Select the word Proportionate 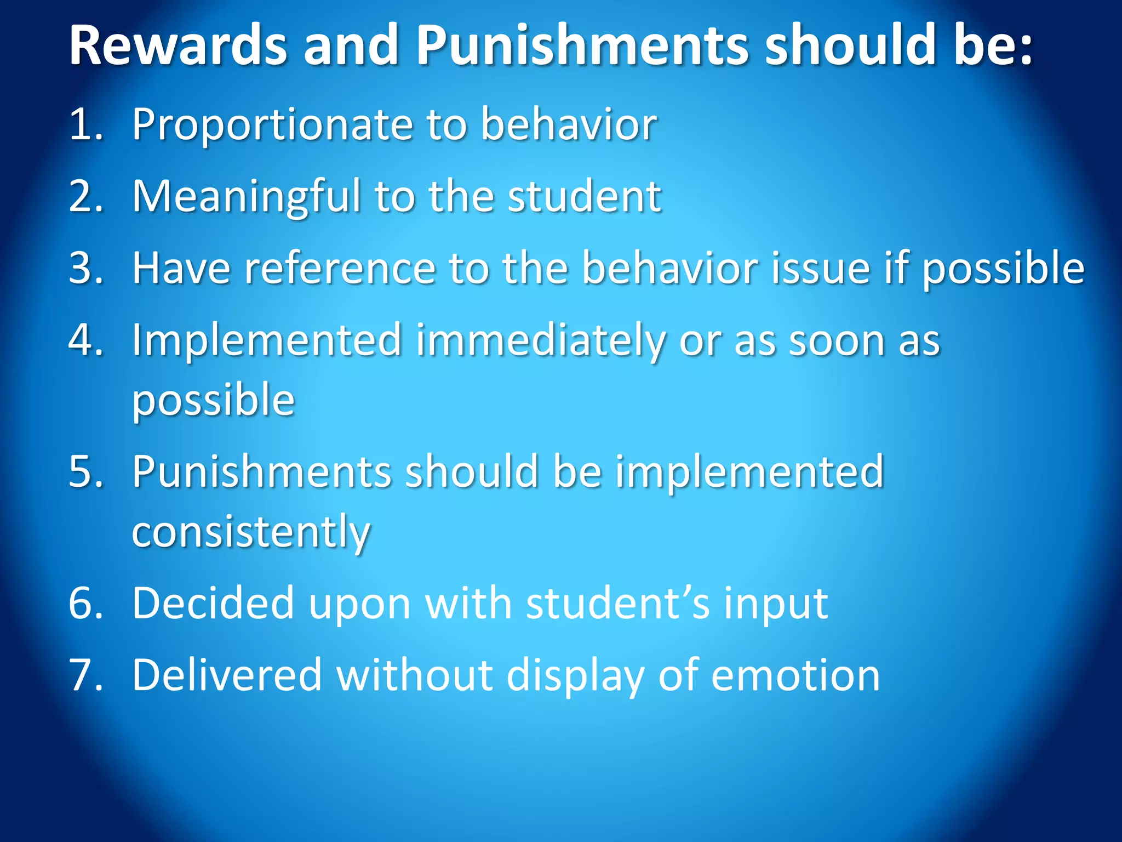coord(272,125)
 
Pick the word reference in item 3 coord(340,269)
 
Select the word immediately coord(540,341)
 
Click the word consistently coord(251,532)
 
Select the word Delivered coord(227,675)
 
